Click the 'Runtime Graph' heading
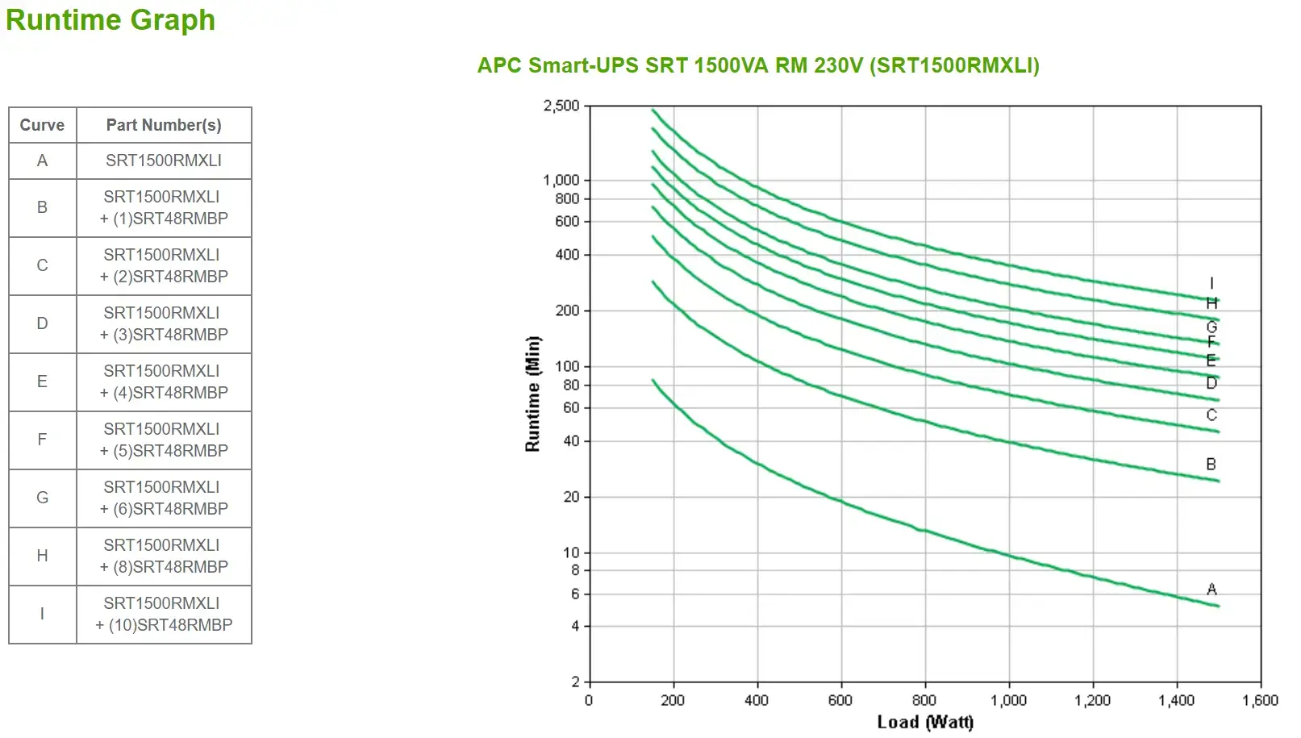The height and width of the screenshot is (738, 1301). pyautogui.click(x=111, y=20)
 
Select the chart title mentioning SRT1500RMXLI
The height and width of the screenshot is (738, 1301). pyautogui.click(x=757, y=65)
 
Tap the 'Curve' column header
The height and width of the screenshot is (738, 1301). pyautogui.click(x=42, y=125)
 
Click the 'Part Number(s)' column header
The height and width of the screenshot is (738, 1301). pyautogui.click(x=164, y=125)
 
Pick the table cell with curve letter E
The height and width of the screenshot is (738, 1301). pyautogui.click(x=42, y=382)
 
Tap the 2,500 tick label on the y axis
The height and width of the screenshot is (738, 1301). pyautogui.click(x=561, y=106)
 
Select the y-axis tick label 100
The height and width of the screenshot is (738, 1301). pyautogui.click(x=567, y=366)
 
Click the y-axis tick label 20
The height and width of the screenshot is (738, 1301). pyautogui.click(x=571, y=497)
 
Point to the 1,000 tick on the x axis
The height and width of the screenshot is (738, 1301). pyautogui.click(x=1008, y=700)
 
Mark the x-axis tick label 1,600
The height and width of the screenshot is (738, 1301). pyautogui.click(x=1260, y=700)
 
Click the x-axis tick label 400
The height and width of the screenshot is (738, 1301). pyautogui.click(x=757, y=700)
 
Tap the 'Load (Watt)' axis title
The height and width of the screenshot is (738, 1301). pyautogui.click(x=925, y=722)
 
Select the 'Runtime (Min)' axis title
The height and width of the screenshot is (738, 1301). pyautogui.click(x=532, y=394)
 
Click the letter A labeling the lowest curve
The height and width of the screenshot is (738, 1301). pyautogui.click(x=1211, y=590)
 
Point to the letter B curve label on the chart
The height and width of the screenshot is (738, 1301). pyautogui.click(x=1211, y=464)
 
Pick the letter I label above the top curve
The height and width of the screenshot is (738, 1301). pyautogui.click(x=1211, y=283)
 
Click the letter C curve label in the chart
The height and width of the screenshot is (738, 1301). pyautogui.click(x=1211, y=415)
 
